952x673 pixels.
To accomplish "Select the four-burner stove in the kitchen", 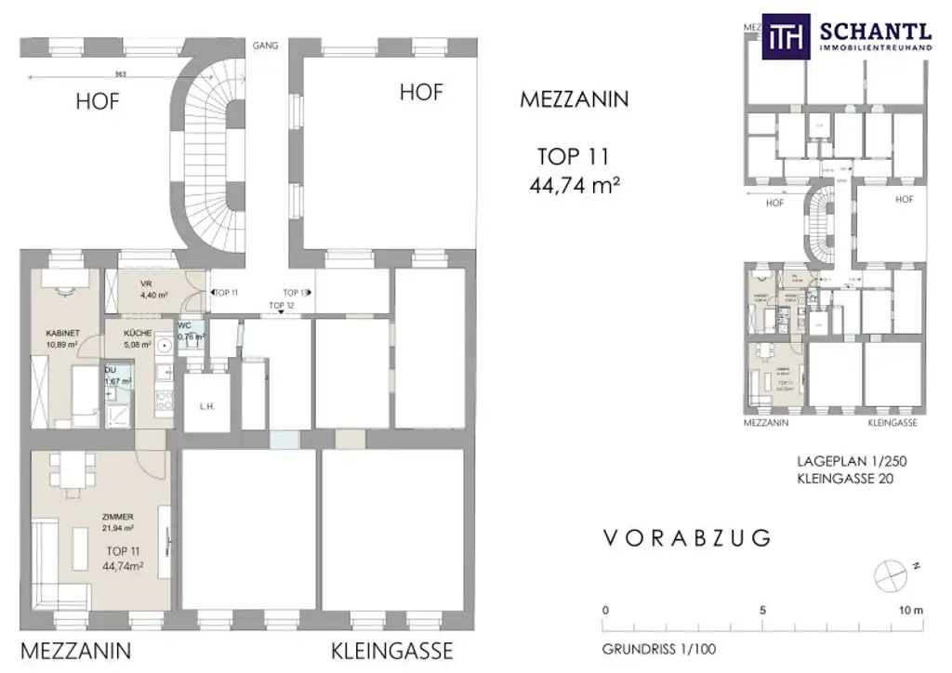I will point(163,401).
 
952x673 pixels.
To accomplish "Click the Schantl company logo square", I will point(787,36).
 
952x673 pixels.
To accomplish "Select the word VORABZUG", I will point(687,537).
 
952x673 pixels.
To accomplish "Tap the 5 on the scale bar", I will point(762,611).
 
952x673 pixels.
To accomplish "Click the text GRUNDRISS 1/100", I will point(659,649).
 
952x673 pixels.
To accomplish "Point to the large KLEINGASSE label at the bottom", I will point(391,649).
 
